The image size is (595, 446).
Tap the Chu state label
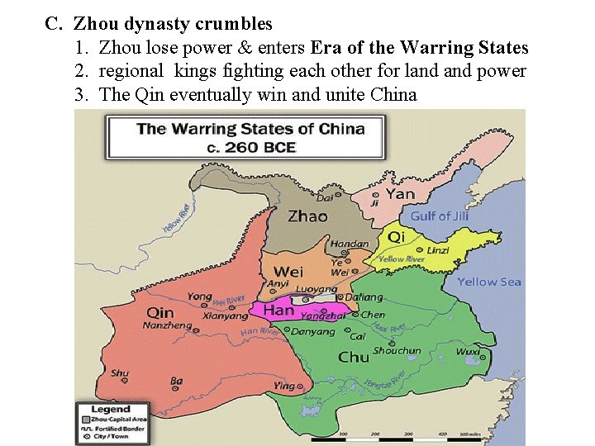point(354,357)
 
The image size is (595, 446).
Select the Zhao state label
point(307,216)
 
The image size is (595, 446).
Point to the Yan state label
point(400,194)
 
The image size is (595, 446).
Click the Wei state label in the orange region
point(288,271)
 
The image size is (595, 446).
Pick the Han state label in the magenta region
point(278,311)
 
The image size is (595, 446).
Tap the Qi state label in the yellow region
point(397,237)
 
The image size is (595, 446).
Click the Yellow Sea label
point(489,282)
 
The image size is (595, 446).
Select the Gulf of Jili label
point(440,216)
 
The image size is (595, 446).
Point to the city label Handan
point(350,244)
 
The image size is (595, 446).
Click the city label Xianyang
point(225,316)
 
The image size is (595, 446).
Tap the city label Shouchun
point(397,350)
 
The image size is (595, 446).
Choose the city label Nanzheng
point(167,326)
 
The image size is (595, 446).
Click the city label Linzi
point(439,249)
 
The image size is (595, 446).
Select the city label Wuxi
point(468,351)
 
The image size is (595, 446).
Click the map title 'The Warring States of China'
point(250,129)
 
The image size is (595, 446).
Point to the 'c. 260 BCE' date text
point(251,147)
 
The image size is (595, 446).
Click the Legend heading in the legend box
point(110,409)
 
